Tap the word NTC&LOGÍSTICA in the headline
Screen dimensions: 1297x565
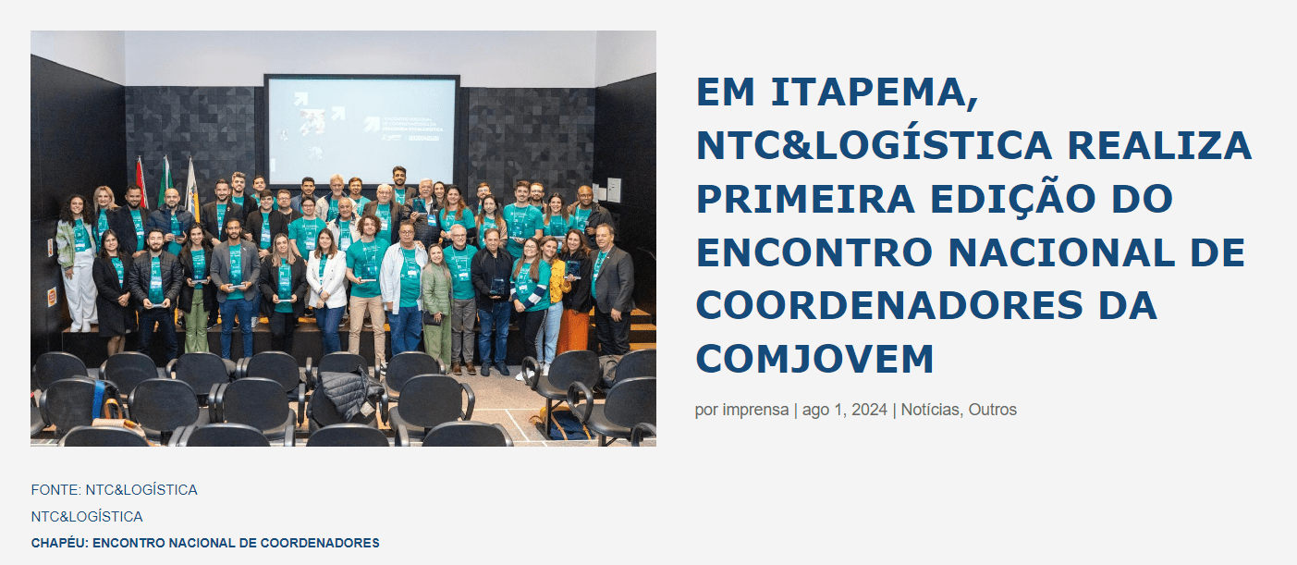874,145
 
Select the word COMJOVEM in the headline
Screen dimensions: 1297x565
814,359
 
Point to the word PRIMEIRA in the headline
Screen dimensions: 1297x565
805,199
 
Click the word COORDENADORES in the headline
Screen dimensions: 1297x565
889,306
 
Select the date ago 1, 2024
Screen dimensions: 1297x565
845,410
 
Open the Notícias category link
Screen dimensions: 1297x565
930,410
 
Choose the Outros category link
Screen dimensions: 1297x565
993,410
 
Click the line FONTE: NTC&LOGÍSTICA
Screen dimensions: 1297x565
114,490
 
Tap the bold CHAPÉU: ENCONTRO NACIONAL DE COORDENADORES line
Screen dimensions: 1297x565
205,543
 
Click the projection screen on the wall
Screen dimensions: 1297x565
361,130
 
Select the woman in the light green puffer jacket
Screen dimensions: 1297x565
436,304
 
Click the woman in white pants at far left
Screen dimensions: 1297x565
78,264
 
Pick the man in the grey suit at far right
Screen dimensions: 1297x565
611,289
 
